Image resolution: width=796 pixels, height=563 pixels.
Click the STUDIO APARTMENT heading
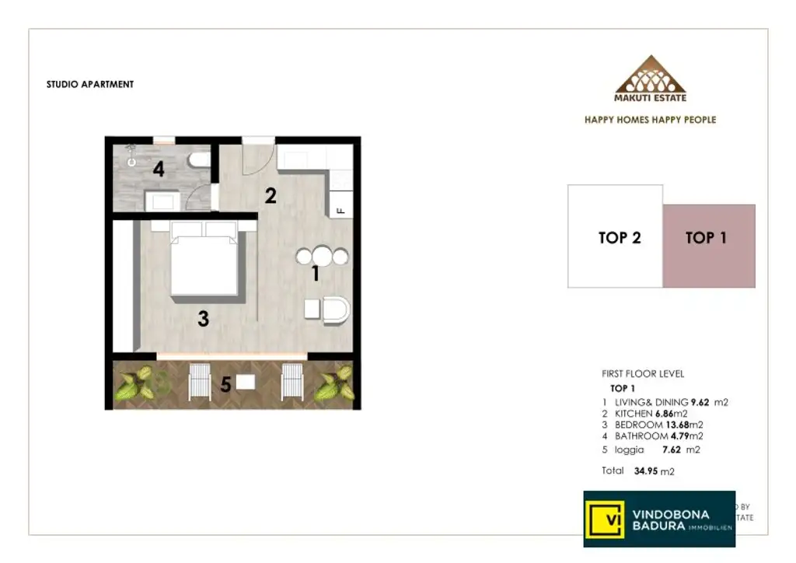[90, 84]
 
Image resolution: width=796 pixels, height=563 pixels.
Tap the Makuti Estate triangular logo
[650, 75]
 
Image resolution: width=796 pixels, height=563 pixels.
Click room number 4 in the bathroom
[159, 169]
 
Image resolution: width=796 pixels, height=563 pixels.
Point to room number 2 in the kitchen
[271, 195]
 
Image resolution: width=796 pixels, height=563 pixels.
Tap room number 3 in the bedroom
[203, 318]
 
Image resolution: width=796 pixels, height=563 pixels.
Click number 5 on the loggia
[225, 384]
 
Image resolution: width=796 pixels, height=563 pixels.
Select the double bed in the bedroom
[204, 259]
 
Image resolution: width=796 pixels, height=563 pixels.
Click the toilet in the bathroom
[199, 161]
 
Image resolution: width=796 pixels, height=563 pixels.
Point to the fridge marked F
[340, 209]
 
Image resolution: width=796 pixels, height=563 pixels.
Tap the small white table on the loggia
[246, 382]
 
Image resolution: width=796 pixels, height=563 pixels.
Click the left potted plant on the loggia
[137, 383]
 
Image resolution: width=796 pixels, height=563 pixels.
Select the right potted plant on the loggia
[334, 384]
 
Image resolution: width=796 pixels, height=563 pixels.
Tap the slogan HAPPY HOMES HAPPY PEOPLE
[650, 120]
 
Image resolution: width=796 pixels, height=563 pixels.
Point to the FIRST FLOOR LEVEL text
[643, 374]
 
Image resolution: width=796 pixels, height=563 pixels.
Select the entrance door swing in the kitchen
[257, 156]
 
